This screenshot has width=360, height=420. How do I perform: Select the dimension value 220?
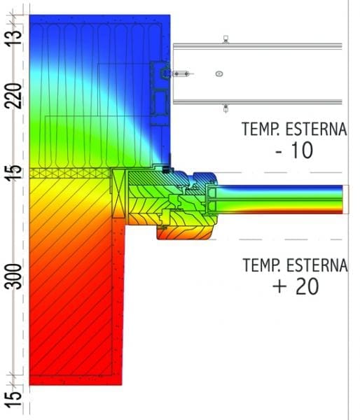[13, 96]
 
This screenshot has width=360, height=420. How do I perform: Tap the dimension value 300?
[13, 276]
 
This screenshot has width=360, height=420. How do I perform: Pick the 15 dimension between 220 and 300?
[14, 173]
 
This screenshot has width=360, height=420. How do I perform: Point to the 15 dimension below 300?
[14, 400]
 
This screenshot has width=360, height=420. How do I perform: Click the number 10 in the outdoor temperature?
[302, 150]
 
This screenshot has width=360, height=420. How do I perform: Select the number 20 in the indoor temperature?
[307, 286]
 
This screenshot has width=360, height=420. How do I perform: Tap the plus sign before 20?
[279, 286]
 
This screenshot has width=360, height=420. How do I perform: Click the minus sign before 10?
[279, 151]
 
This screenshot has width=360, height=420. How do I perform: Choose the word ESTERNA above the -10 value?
[316, 129]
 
